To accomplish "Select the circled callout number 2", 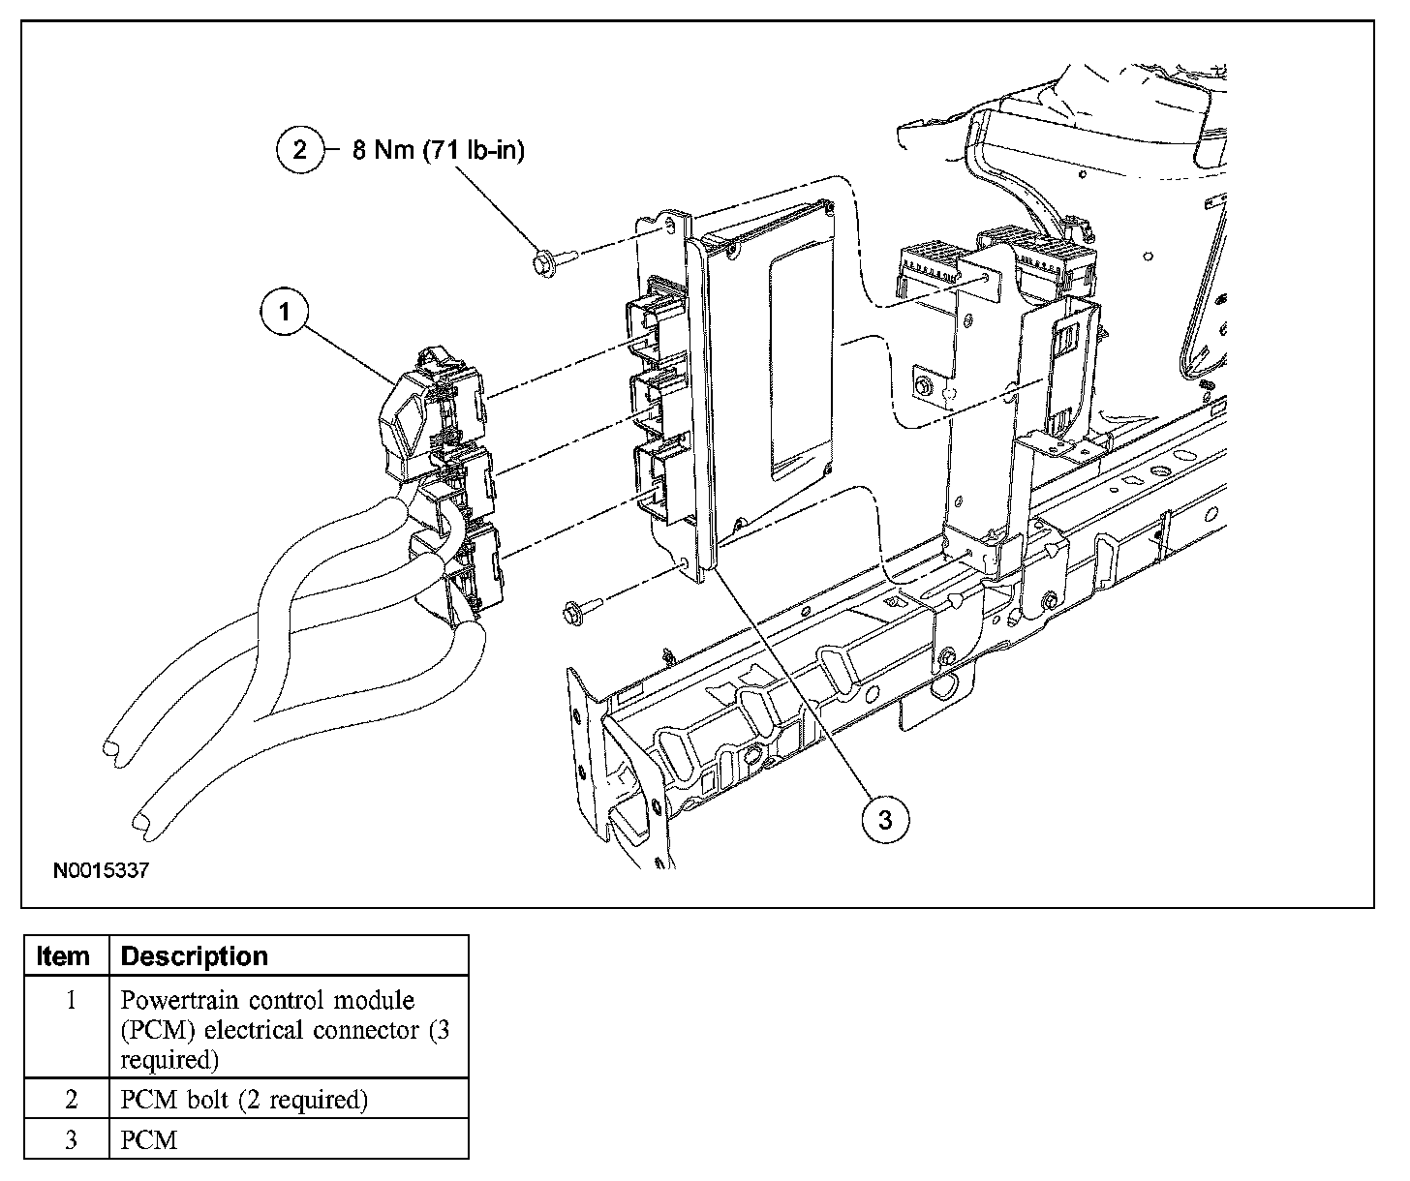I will coord(300,150).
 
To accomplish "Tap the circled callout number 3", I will coord(885,820).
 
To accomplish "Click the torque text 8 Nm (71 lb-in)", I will coord(438,150).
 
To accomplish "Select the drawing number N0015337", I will coord(101,871).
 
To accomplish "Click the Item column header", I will coord(63,956).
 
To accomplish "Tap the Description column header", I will coord(194,956).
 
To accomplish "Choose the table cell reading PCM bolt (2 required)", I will coord(244,1100).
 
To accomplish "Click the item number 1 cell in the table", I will coord(70,1000).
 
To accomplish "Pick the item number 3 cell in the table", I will coord(70,1140).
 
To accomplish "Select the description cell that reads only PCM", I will coord(149,1140).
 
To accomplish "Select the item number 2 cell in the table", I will coord(70,1100).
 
